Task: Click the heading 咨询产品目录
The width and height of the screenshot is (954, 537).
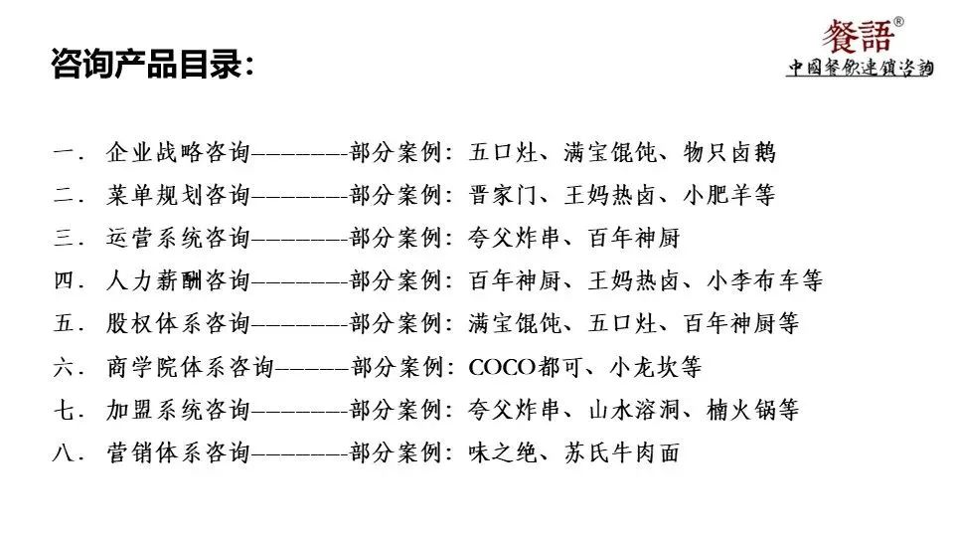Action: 150,66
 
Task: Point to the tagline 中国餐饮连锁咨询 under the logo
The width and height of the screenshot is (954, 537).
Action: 860,69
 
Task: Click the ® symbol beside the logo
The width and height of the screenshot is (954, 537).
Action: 899,21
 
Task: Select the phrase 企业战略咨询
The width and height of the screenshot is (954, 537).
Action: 178,153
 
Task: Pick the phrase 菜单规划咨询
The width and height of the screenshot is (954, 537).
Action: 178,196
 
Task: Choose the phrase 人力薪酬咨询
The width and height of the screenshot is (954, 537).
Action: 178,281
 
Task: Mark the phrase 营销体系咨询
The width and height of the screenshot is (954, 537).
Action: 178,452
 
